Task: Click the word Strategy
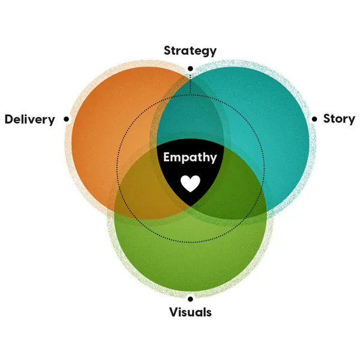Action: point(190,50)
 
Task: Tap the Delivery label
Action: point(29,119)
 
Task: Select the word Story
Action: point(338,118)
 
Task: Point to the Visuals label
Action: point(190,313)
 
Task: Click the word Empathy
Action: point(190,158)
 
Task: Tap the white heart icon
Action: point(190,183)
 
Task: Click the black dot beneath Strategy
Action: point(190,68)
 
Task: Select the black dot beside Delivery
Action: point(66,119)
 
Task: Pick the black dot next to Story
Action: point(314,119)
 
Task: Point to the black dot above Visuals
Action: point(190,298)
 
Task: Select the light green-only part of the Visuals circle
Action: point(190,258)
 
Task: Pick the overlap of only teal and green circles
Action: point(240,192)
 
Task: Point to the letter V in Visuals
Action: point(173,313)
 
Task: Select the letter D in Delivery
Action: point(9,119)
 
